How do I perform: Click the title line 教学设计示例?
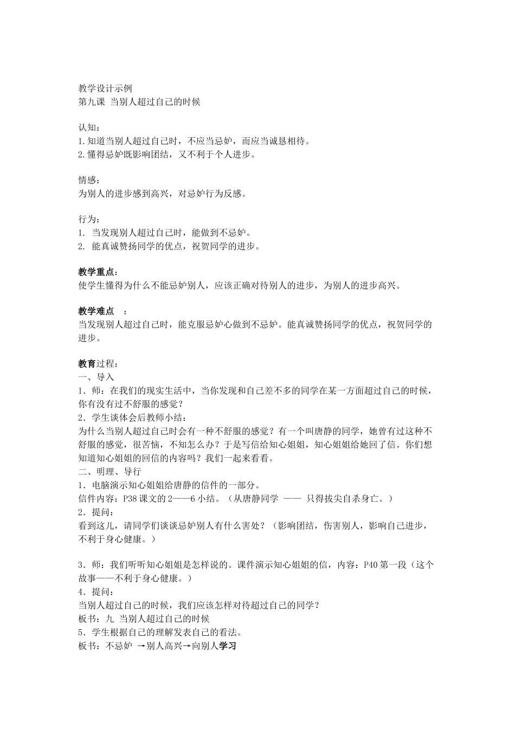[x=105, y=88]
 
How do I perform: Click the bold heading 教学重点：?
[x=98, y=272]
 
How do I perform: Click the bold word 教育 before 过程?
[x=87, y=363]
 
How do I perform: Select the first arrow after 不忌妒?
[x=141, y=646]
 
